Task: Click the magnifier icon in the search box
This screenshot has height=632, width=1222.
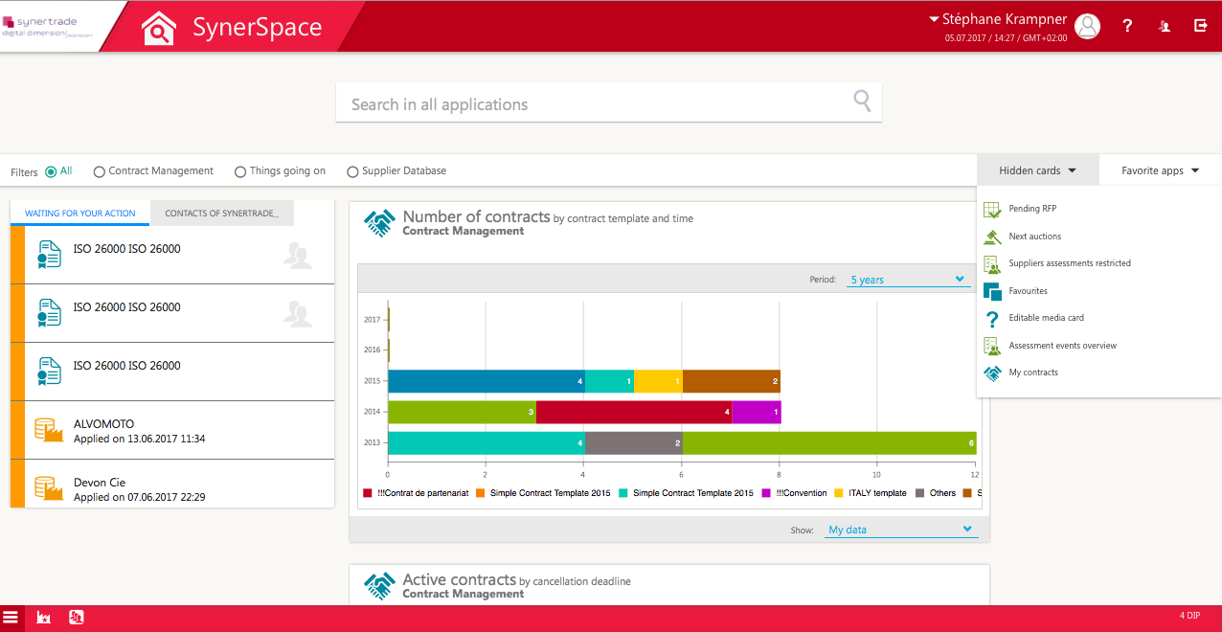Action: tap(862, 102)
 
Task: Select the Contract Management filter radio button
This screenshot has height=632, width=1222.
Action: tap(100, 171)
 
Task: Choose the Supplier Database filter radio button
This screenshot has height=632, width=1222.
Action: tap(353, 171)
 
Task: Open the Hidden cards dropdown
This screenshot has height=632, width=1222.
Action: tap(1037, 170)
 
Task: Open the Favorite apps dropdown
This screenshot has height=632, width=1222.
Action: tap(1160, 170)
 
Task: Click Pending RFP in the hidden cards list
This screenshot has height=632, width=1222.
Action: tap(1031, 209)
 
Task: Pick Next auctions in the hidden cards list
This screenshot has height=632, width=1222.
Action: tap(1034, 237)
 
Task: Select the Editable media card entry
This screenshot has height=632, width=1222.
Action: tap(1046, 318)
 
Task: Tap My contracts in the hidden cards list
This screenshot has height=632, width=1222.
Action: tap(1032, 372)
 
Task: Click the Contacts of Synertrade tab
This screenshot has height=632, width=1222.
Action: tap(221, 214)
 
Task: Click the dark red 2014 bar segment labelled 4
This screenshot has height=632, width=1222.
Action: tap(633, 412)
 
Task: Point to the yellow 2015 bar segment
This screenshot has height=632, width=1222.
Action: tap(657, 381)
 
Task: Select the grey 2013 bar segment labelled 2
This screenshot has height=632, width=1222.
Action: tap(633, 442)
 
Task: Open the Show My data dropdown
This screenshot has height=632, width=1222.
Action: tap(900, 530)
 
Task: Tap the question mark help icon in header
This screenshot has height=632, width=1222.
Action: tap(1127, 26)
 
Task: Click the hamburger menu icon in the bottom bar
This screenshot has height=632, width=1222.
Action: tap(11, 618)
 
